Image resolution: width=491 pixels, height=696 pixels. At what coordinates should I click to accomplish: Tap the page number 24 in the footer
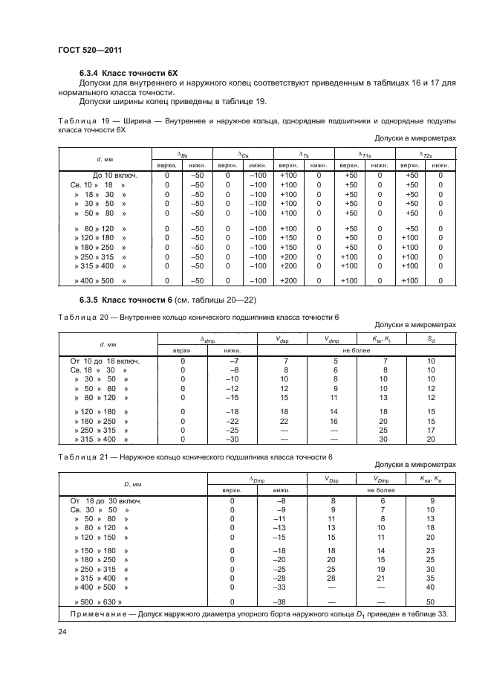[62, 632]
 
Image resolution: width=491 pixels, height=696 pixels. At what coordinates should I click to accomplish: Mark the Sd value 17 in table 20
[432, 429]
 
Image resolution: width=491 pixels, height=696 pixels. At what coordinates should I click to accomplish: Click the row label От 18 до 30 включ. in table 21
[105, 500]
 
